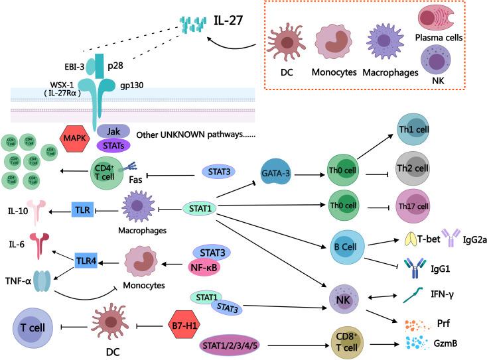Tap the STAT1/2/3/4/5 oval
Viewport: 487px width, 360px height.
(x=233, y=345)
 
